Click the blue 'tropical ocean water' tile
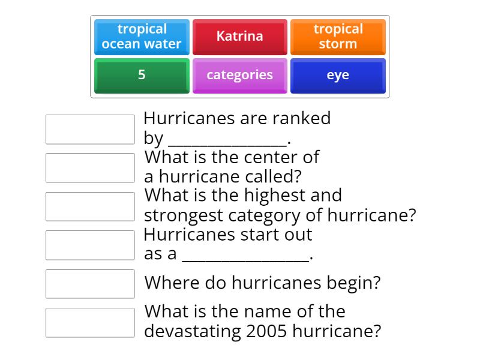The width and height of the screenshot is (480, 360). tap(142, 37)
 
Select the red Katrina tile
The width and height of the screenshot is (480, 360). tap(239, 37)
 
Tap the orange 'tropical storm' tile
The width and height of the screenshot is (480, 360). tap(338, 37)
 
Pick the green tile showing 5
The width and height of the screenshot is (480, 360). tap(142, 75)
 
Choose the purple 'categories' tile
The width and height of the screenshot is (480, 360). tap(239, 75)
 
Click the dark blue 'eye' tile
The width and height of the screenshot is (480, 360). tap(338, 75)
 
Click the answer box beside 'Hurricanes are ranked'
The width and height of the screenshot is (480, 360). tap(90, 130)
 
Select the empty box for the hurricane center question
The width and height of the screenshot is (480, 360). tap(90, 168)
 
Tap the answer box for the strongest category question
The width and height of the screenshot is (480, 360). tap(90, 206)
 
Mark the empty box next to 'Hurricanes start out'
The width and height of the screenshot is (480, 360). tap(90, 245)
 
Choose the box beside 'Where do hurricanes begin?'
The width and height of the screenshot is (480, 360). tap(90, 284)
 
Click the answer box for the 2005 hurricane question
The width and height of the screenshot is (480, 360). tap(90, 322)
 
